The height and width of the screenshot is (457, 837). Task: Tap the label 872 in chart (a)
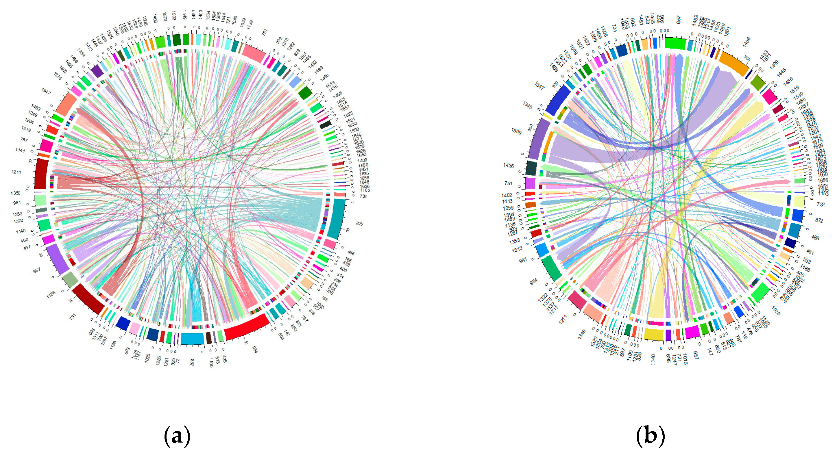coord(360,224)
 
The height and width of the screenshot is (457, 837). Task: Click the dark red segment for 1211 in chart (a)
coord(41,174)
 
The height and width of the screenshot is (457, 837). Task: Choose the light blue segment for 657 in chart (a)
coord(192,339)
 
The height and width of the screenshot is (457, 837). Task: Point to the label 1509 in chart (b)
coord(516,131)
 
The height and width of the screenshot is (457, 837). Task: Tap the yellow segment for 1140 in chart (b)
coord(653,334)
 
